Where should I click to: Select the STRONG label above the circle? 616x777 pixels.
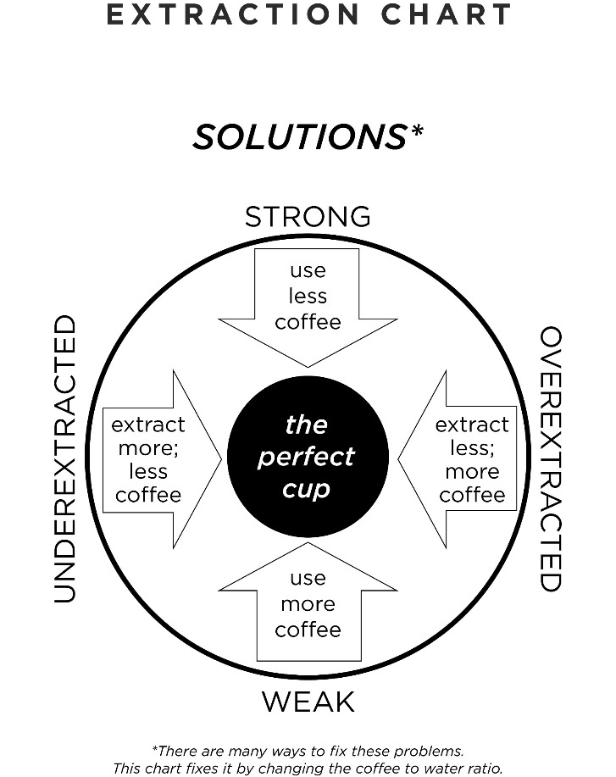point(308,217)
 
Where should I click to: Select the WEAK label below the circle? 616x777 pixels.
point(308,702)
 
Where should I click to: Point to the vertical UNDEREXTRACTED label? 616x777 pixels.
point(66,458)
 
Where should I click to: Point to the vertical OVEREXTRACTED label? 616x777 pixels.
point(551,458)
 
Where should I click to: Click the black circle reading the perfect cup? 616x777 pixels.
point(308,458)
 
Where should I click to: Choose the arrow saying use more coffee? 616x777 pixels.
point(308,610)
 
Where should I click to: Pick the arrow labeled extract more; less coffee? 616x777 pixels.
point(157,458)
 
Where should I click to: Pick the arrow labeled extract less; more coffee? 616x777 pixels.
point(462,458)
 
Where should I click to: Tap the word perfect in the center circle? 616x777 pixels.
point(307,457)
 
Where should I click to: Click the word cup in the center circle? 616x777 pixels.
point(307,490)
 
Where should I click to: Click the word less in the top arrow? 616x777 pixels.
point(308,297)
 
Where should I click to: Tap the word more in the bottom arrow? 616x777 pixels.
point(308,604)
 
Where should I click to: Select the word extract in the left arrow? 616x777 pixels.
point(148,424)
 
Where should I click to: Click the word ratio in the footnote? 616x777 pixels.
point(482,768)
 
